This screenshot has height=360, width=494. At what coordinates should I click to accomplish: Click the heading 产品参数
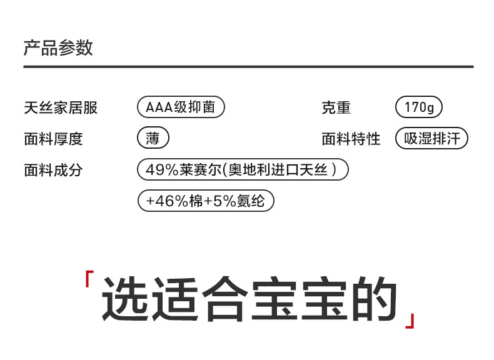tap(58, 47)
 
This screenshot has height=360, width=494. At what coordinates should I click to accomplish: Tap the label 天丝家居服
tap(61, 107)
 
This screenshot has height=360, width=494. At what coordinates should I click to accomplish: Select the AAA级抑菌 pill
tap(181, 107)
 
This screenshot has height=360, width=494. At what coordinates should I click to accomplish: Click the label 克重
tap(336, 107)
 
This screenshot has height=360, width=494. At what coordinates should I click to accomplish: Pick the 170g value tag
tap(419, 107)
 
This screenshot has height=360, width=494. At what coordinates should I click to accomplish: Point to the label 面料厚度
tap(53, 139)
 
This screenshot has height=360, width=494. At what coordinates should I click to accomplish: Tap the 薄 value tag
tap(153, 138)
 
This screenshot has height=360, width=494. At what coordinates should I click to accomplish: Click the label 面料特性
tap(351, 139)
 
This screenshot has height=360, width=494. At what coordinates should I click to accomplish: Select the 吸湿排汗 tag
tap(431, 138)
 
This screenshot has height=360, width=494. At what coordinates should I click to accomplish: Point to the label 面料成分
tap(53, 170)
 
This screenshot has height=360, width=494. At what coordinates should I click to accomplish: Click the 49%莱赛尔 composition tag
tap(242, 169)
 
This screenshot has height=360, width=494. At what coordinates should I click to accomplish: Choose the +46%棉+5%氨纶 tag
tap(206, 201)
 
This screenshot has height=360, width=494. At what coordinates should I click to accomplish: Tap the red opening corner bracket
tap(89, 279)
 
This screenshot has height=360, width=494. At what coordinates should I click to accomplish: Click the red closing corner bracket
tap(410, 320)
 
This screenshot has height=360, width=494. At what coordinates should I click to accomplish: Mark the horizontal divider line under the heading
tap(248, 66)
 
